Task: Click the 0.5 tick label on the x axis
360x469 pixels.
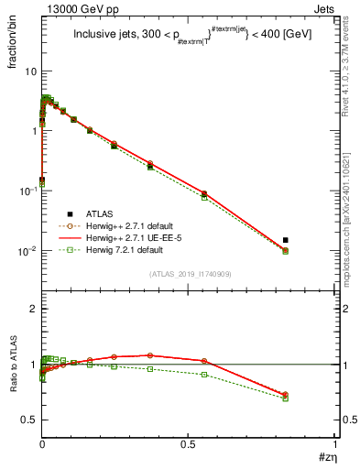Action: click(188, 443)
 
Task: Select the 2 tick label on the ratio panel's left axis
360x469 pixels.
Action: click(32, 310)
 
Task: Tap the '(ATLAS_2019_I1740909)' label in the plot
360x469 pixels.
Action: click(189, 274)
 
